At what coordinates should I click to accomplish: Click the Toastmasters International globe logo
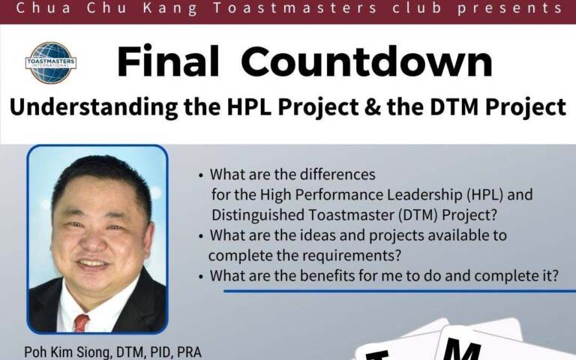51,62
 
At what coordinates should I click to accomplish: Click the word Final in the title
168,61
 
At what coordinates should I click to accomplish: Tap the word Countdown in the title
367,61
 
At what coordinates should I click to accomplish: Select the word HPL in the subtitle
250,107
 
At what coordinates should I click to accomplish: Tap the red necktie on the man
81,322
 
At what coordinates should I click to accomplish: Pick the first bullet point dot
200,175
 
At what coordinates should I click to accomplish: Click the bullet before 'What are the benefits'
200,277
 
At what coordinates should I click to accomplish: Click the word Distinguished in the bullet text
258,215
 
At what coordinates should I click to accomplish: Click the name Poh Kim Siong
68,352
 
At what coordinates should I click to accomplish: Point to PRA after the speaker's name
189,352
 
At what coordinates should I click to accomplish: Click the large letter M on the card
461,349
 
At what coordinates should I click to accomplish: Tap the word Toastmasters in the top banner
295,8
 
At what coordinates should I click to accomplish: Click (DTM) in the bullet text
418,215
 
